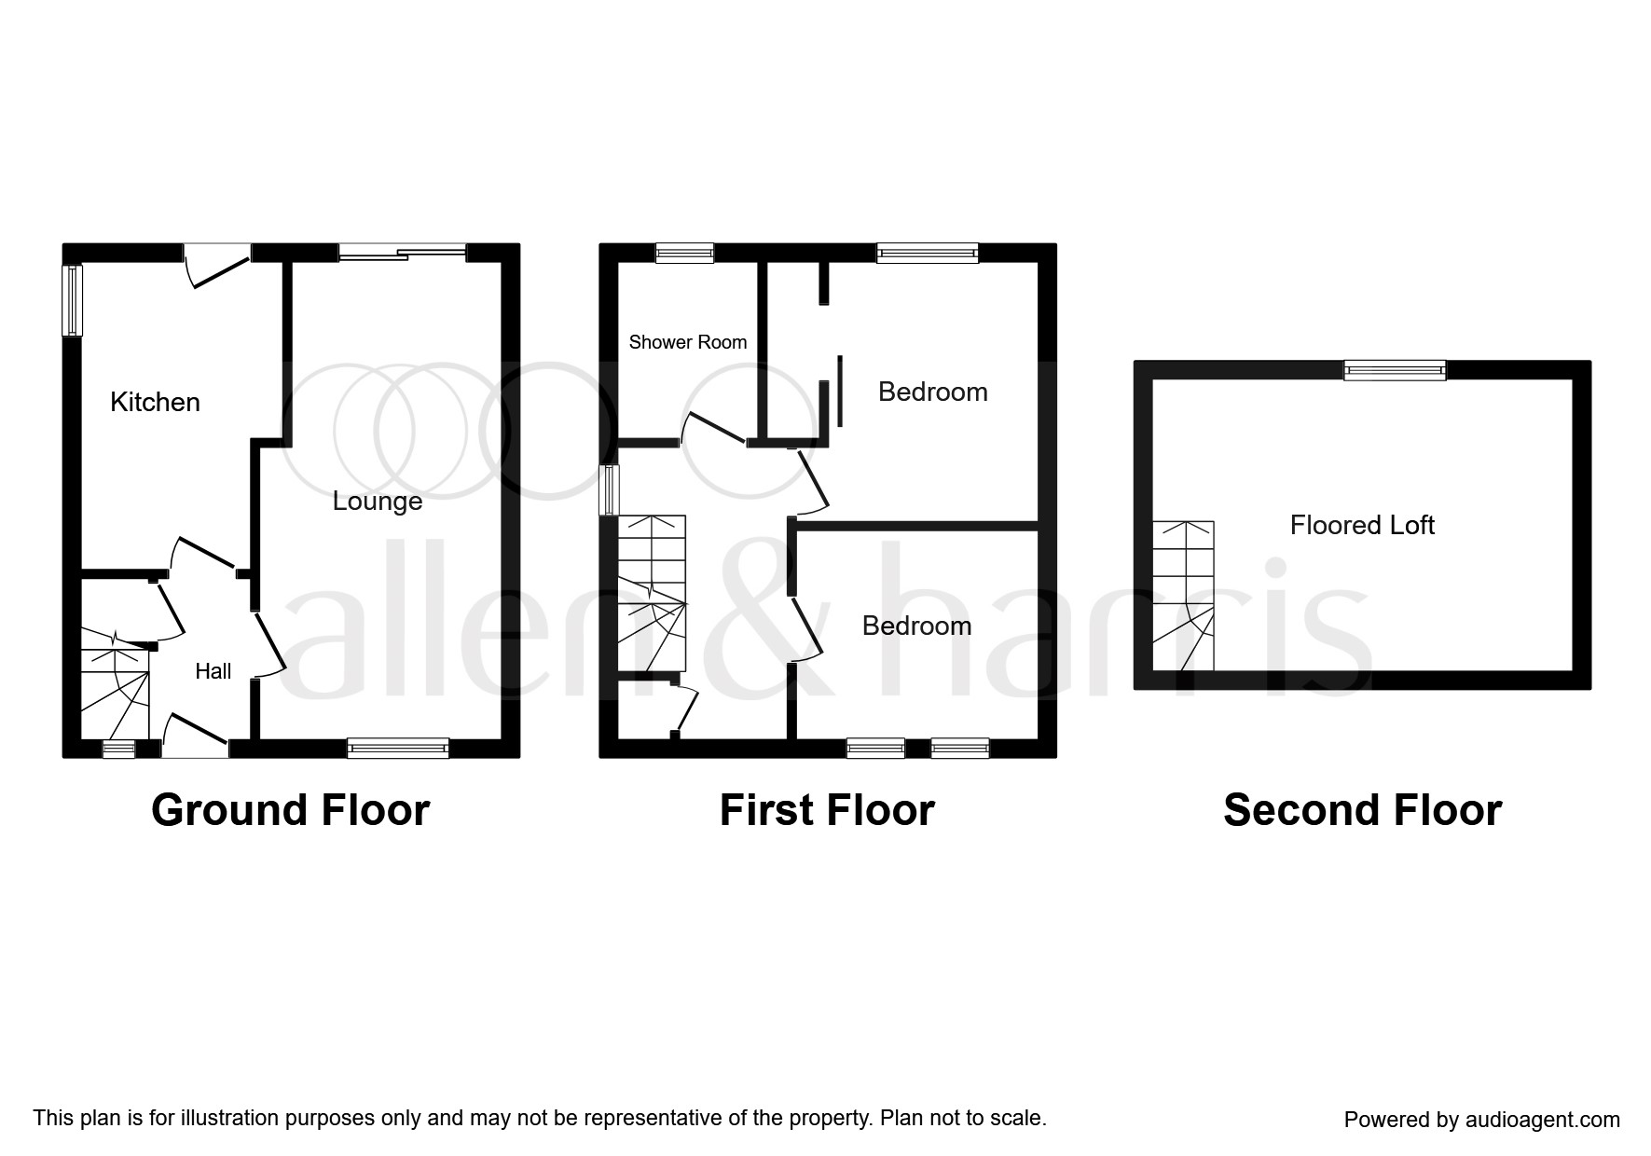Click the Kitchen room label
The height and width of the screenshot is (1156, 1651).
155,402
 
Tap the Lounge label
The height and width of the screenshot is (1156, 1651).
378,502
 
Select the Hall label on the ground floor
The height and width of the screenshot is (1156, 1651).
213,671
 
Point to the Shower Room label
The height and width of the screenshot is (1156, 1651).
688,342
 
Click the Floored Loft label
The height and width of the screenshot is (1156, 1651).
1362,525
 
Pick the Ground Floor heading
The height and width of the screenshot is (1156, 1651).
291,810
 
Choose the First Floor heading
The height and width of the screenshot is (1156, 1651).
827,810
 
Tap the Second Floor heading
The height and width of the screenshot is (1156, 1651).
1363,810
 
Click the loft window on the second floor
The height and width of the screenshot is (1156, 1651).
1395,370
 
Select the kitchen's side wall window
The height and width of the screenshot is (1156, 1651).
73,300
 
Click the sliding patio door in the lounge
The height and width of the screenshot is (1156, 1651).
402,252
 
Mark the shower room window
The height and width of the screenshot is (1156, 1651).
684,253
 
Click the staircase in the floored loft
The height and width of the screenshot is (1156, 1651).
1184,595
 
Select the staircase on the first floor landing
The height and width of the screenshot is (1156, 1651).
652,592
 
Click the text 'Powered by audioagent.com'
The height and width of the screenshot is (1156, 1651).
1482,1120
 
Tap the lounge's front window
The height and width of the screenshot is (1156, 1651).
398,748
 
